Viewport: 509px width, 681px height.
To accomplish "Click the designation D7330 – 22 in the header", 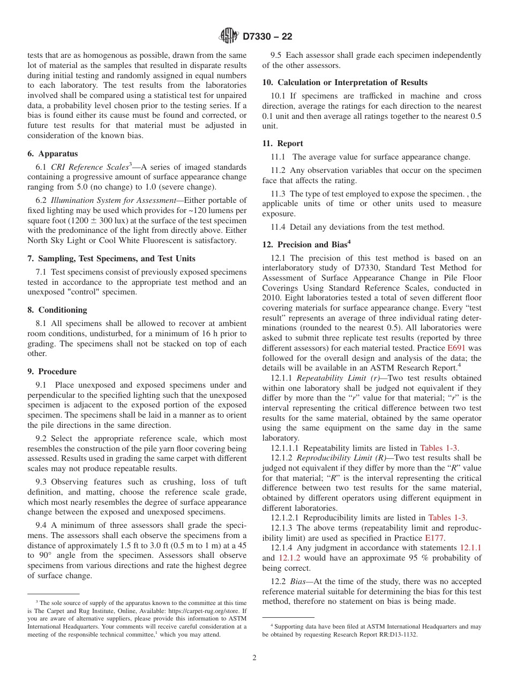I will (x=267, y=37).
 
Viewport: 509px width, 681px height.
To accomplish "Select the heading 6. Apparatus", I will (x=53, y=154).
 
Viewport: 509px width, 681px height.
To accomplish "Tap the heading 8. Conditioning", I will (x=57, y=310).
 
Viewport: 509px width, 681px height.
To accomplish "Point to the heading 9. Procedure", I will (x=52, y=372).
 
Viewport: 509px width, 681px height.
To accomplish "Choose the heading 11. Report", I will (x=282, y=143).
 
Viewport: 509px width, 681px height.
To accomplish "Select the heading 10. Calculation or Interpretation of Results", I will (x=345, y=82).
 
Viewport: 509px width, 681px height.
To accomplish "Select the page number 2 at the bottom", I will (x=254, y=658).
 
